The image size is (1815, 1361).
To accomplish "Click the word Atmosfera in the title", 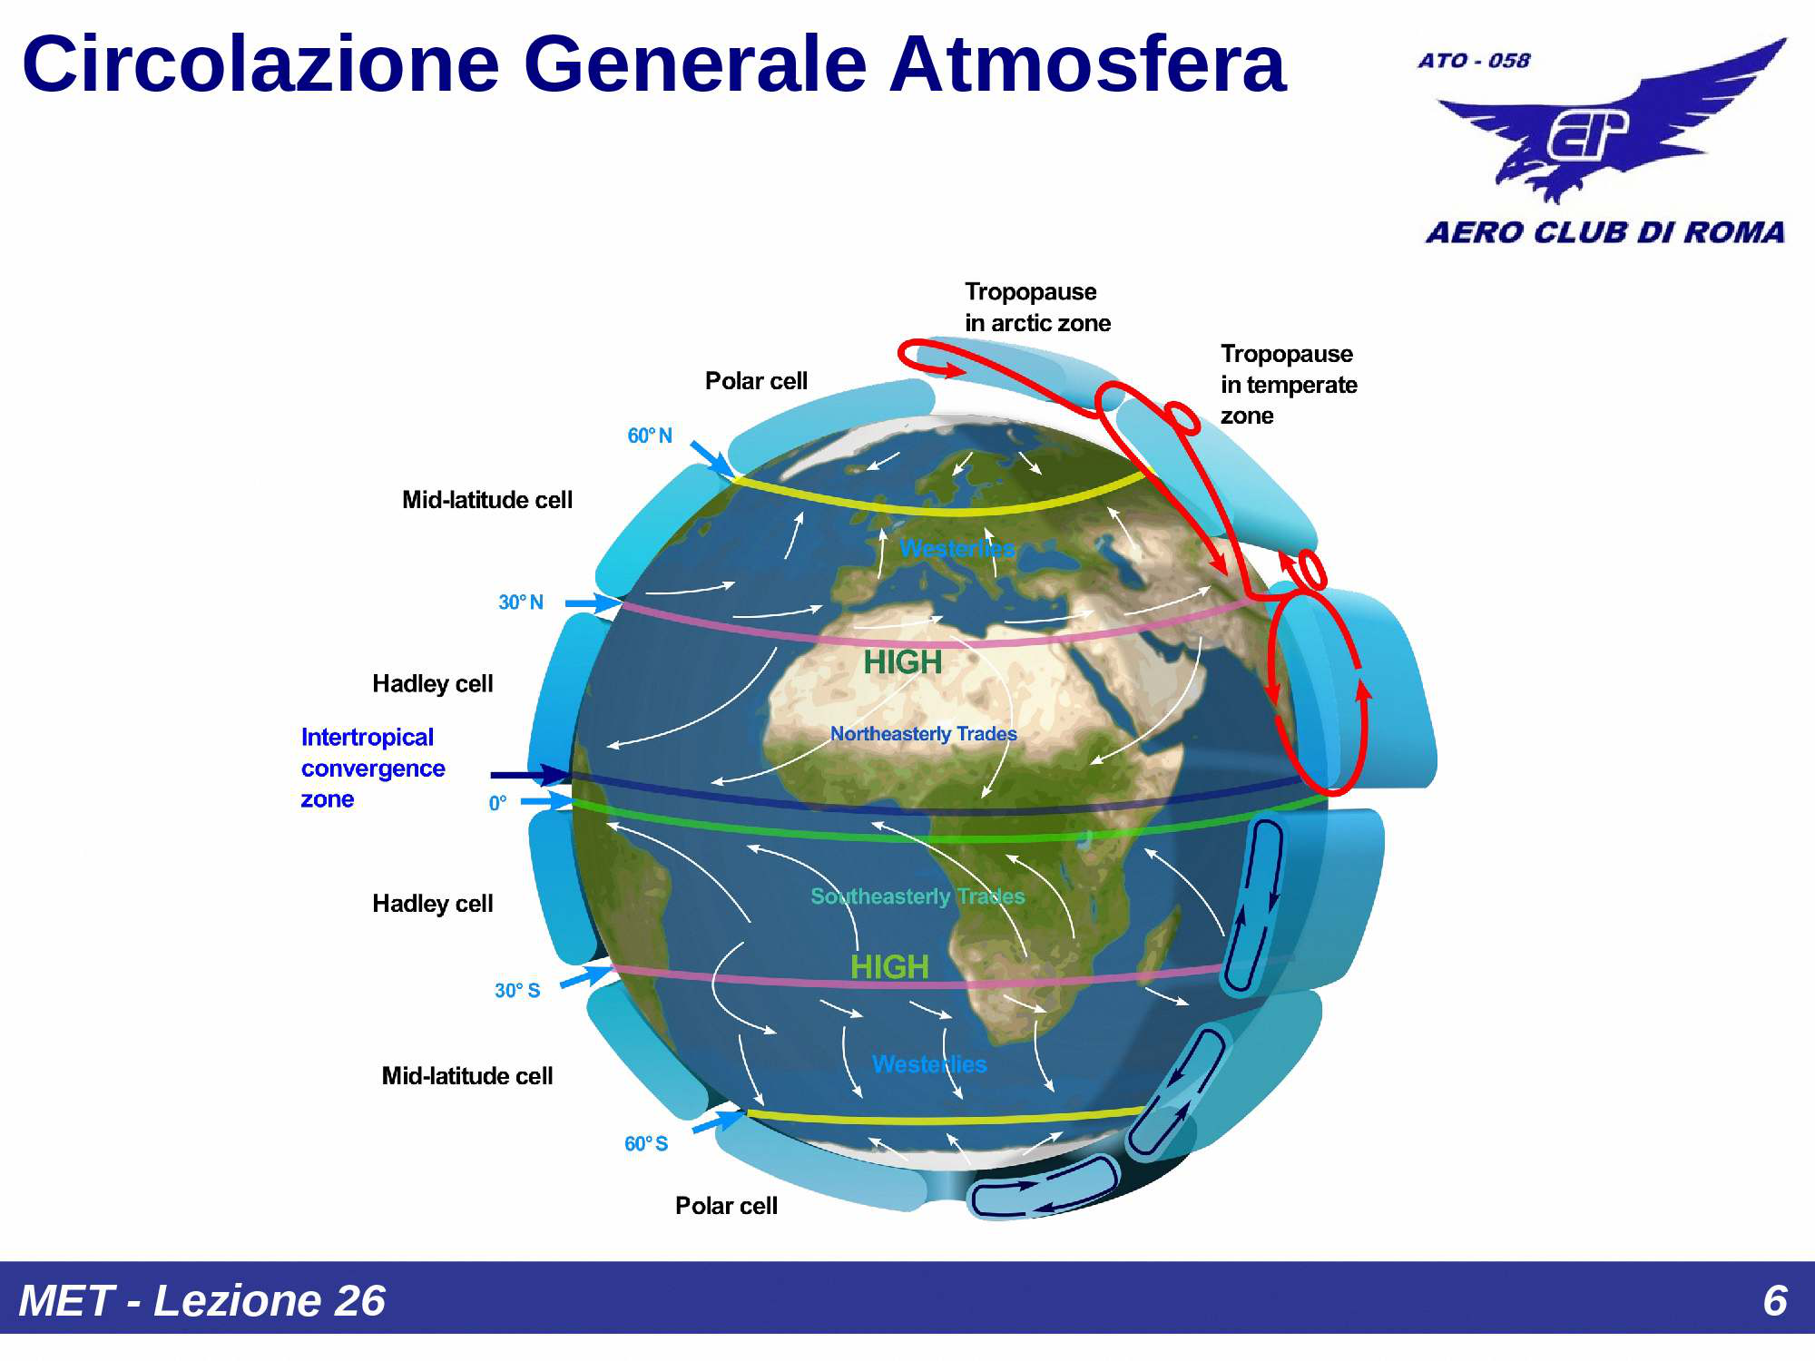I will tap(1086, 64).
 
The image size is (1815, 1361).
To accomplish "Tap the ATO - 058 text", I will tap(1474, 61).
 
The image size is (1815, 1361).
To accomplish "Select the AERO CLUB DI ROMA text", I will tap(1604, 232).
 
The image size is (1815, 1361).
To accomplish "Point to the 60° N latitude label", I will tap(650, 436).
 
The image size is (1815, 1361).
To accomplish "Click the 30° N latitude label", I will tap(521, 602).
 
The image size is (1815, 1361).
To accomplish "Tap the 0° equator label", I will tap(497, 803).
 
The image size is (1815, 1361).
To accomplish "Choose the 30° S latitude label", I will tap(517, 991).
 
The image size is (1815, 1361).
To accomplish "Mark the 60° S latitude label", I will tap(646, 1144).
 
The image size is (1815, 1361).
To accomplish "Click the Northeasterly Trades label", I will tap(923, 733).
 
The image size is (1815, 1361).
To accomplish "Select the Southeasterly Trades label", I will tap(917, 896).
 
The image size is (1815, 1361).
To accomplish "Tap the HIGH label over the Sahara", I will tap(902, 662).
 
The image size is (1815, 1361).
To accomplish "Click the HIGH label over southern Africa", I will tap(889, 967).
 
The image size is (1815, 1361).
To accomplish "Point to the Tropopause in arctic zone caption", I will tap(1037, 308).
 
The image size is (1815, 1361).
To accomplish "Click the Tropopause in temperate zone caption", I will tap(1288, 384).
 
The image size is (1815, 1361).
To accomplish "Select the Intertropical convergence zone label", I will tap(372, 768).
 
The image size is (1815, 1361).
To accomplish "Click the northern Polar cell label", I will tap(756, 381).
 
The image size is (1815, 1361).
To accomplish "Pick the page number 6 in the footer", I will tap(1774, 1300).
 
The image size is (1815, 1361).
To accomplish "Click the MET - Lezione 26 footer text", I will tap(201, 1300).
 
